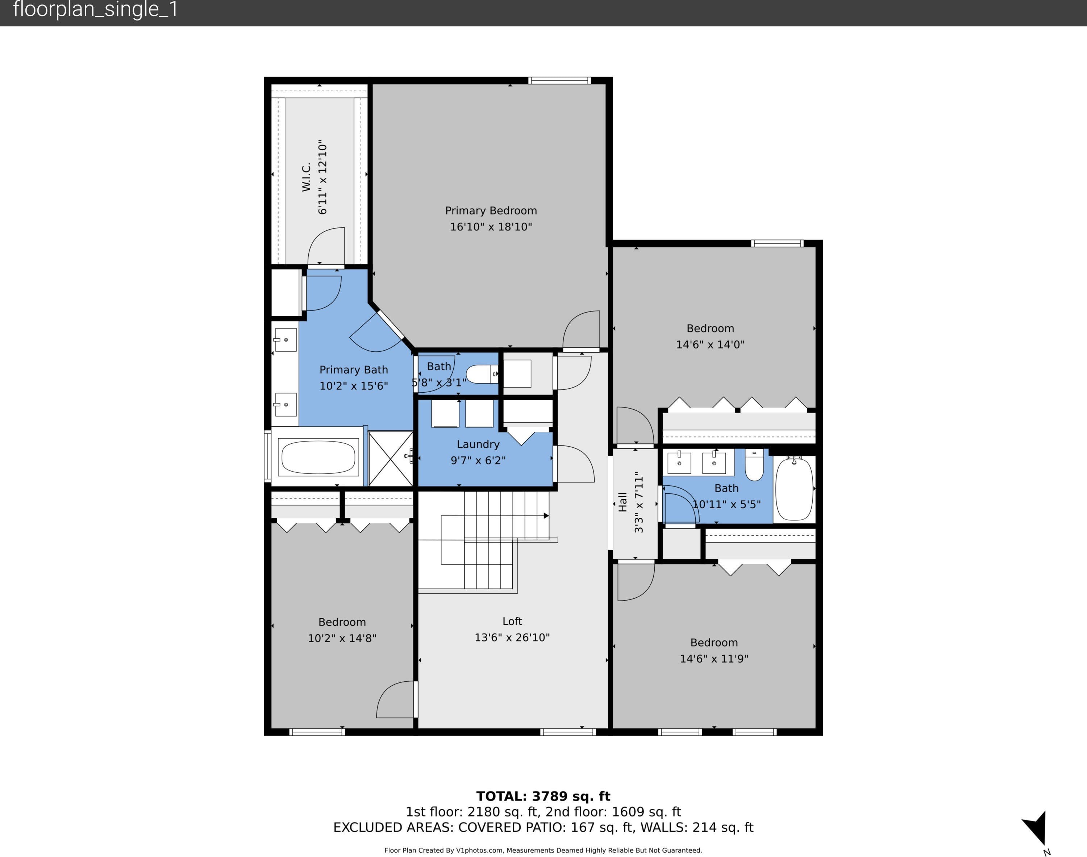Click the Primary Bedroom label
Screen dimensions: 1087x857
(x=491, y=211)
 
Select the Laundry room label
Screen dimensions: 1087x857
(x=478, y=444)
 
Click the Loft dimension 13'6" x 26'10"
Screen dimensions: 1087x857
(x=512, y=637)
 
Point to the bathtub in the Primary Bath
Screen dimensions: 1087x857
(x=318, y=457)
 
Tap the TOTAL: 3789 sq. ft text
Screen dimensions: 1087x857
(x=543, y=796)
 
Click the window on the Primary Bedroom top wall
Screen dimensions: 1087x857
(x=559, y=80)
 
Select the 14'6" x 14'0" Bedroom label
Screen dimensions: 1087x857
(x=710, y=328)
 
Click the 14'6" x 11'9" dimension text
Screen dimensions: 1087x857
(x=714, y=658)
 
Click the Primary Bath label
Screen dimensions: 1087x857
(x=354, y=370)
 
